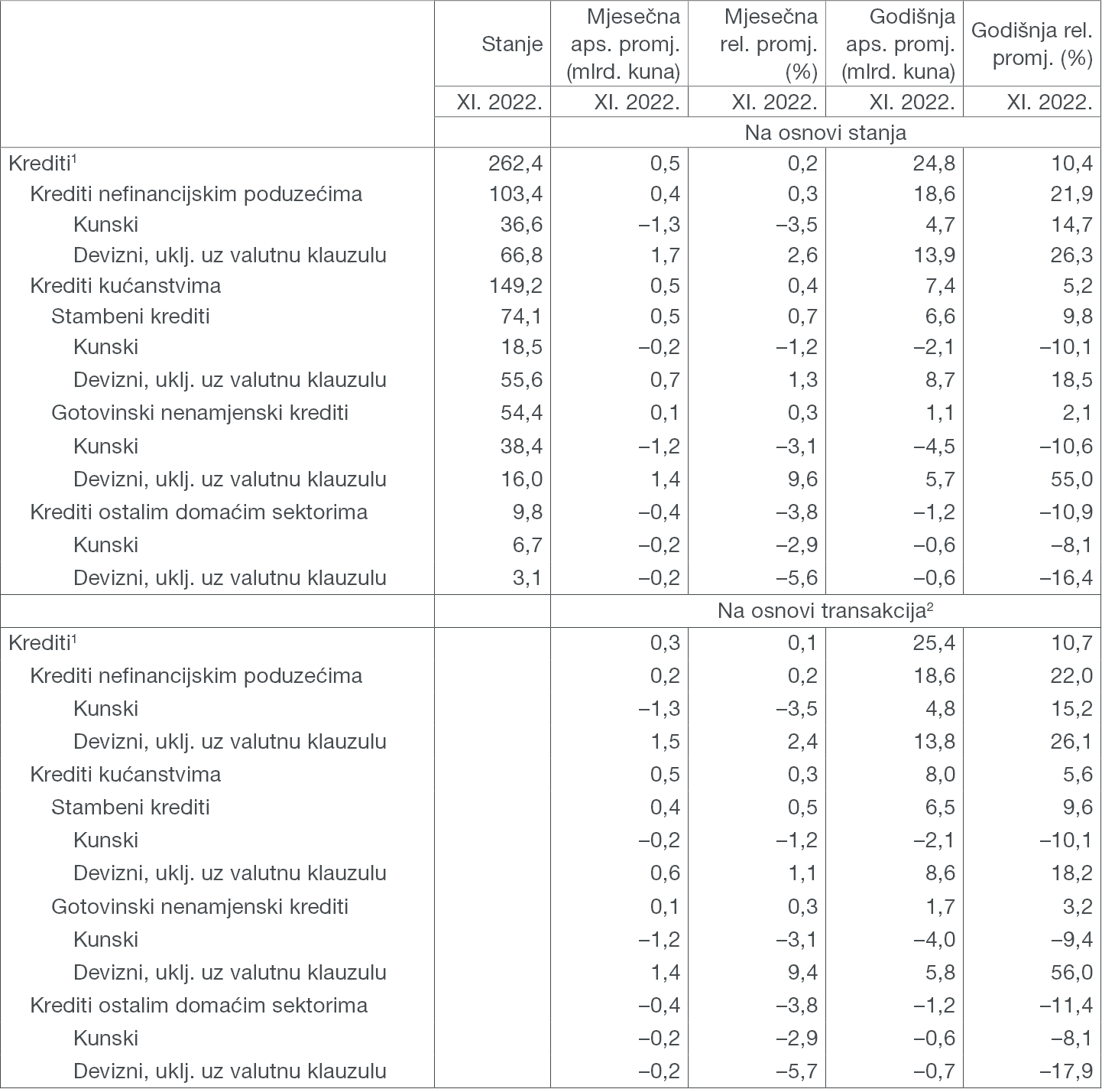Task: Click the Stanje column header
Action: pos(512,44)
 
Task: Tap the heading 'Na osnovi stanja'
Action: pos(825,132)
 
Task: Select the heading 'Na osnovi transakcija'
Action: pos(825,611)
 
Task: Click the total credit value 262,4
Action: pos(516,163)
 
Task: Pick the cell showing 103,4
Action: pos(516,193)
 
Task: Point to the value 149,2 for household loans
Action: pos(516,285)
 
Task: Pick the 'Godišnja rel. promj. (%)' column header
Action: pos(1032,44)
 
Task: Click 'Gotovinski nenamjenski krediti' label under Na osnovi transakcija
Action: pos(199,906)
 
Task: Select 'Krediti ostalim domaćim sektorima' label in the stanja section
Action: pos(199,512)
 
